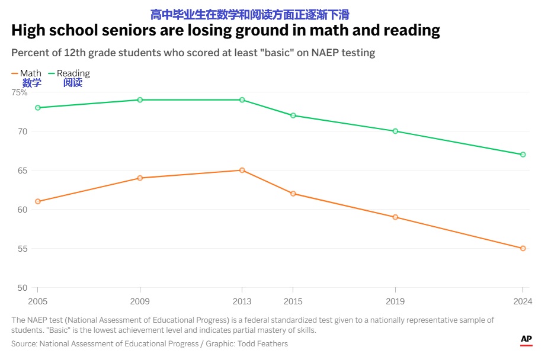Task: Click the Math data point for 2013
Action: click(x=242, y=170)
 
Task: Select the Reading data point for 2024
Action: click(x=523, y=155)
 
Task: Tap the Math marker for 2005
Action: click(x=37, y=201)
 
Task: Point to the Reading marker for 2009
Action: click(x=140, y=99)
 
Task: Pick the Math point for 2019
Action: click(x=395, y=217)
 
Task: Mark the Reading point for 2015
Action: click(x=293, y=115)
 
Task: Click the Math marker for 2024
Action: click(x=523, y=248)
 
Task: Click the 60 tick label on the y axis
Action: click(x=21, y=210)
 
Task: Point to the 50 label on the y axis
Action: click(x=21, y=288)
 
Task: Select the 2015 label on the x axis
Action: click(x=293, y=301)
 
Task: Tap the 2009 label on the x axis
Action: click(x=140, y=301)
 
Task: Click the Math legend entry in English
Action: click(x=30, y=73)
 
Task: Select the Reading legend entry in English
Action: click(x=73, y=73)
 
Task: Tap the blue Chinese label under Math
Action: click(x=32, y=83)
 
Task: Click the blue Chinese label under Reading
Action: click(x=73, y=83)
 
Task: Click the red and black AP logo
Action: click(x=526, y=340)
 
